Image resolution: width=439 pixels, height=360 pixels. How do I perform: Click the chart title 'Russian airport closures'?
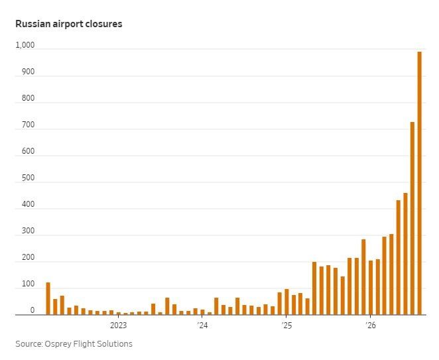tap(68, 24)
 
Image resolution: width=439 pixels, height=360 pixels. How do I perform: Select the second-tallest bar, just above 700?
tap(412, 218)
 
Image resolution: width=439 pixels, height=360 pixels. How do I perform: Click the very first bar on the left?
tap(48, 298)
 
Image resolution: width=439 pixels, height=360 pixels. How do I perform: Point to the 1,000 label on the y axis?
tap(25, 45)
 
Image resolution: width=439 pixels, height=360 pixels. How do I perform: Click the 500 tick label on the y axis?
tap(28, 178)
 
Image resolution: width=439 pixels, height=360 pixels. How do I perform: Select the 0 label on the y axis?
tap(32, 310)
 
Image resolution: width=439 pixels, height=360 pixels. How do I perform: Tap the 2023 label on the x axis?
tap(118, 326)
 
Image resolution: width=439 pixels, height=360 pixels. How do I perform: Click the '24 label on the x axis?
tap(202, 326)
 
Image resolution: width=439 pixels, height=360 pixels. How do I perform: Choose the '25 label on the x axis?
tap(286, 326)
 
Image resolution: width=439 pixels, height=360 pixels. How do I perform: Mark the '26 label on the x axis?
tap(371, 326)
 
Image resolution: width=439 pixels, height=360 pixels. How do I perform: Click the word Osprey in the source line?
tap(58, 344)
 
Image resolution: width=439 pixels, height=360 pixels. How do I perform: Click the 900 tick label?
tap(28, 72)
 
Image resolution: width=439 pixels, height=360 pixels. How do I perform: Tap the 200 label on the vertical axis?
tap(28, 257)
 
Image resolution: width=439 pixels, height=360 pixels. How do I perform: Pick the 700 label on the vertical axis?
tap(28, 125)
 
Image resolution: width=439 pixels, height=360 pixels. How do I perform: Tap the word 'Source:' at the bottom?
tap(29, 344)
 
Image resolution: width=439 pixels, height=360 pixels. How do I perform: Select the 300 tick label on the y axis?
tap(28, 231)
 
